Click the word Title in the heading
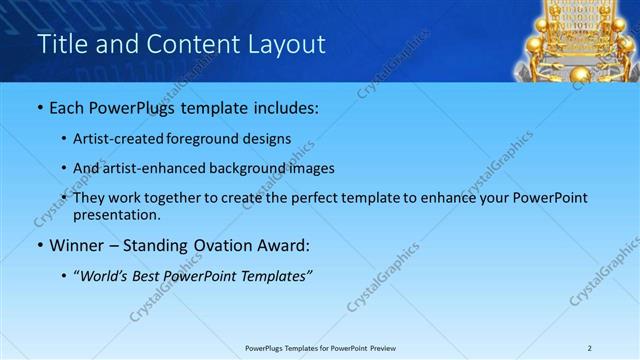[63, 44]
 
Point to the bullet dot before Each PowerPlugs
[39, 107]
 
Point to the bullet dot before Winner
[39, 245]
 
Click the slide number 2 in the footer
[590, 348]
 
